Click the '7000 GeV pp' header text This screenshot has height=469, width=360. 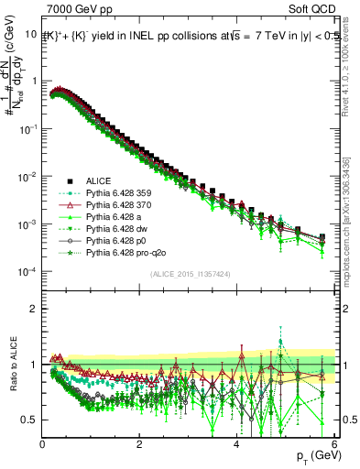coord(76,10)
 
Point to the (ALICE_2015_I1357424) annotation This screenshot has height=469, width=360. coord(190,274)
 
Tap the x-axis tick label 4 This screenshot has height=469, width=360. coord(236,444)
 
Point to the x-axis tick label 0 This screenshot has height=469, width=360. coord(42,444)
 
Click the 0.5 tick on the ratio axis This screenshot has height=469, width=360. coord(29,420)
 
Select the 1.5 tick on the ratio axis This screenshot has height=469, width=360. coord(29,335)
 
